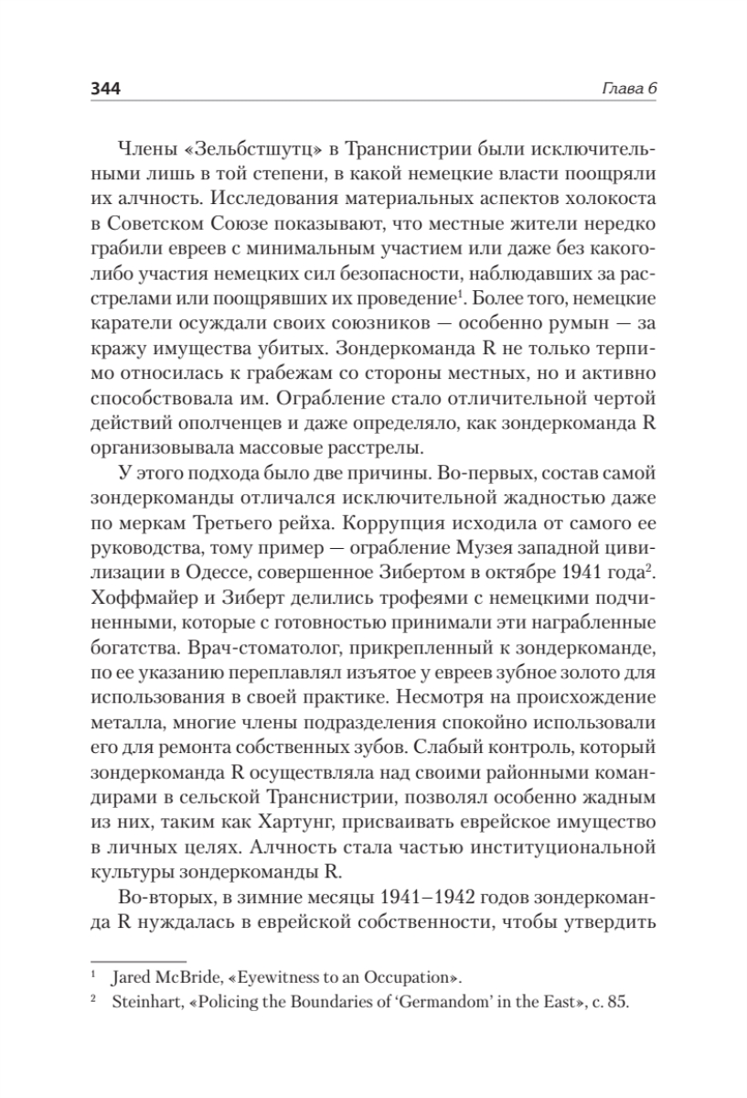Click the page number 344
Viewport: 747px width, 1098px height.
(106, 88)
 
